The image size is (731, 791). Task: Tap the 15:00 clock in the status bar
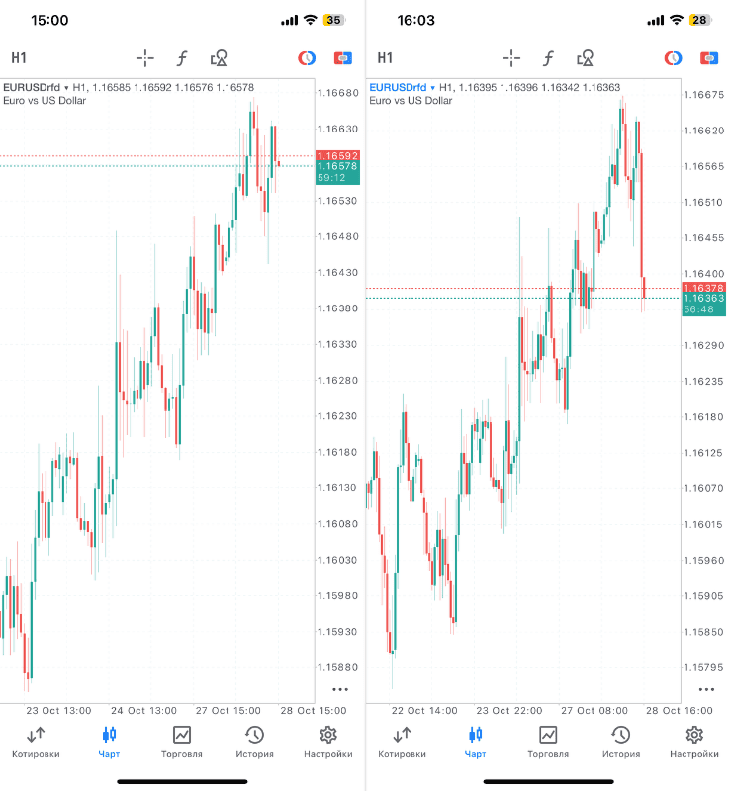[x=49, y=20]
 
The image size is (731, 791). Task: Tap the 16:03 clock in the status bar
[x=415, y=20]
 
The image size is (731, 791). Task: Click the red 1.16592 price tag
[x=337, y=155]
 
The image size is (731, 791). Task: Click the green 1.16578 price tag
[x=337, y=167]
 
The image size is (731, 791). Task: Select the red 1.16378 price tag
[x=703, y=288]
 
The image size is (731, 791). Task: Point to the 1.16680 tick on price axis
[x=337, y=93]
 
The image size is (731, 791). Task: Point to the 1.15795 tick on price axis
[x=703, y=667]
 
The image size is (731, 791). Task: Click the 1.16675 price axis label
[x=703, y=95]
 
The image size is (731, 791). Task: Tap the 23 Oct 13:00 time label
[x=58, y=710]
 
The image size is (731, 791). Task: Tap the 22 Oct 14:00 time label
[x=424, y=710]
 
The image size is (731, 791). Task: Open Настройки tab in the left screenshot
[x=328, y=743]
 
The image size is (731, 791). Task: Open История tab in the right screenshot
[x=621, y=743]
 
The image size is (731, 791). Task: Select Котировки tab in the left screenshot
[x=36, y=743]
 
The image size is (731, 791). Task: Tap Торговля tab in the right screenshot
[x=548, y=743]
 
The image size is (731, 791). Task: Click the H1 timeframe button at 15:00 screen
[x=19, y=58]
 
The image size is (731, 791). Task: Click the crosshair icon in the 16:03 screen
[x=511, y=58]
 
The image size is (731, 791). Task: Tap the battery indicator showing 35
[x=333, y=20]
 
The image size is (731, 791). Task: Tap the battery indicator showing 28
[x=699, y=20]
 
